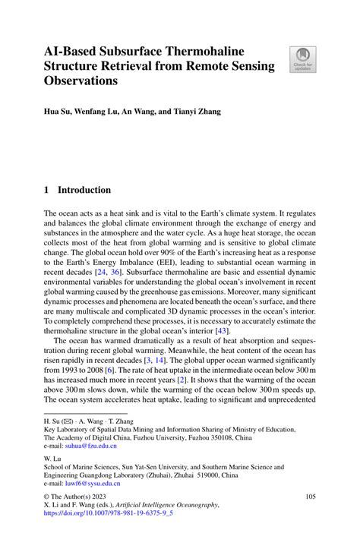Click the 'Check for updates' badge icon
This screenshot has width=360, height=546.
pos(302,59)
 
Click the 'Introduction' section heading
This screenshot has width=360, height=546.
pos(84,190)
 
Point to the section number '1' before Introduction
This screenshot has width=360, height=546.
pos(46,190)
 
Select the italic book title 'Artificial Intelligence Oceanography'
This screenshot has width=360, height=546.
pos(178,523)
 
